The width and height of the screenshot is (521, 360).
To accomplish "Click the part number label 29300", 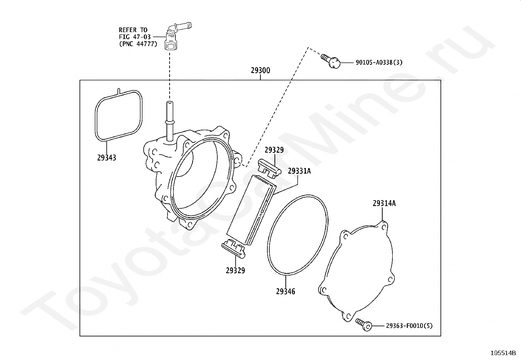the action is tap(260, 70).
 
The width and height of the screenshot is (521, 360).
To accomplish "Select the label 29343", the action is tap(107, 158).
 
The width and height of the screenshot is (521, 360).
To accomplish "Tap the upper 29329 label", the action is tap(274, 150).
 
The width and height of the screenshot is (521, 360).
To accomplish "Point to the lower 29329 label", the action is tap(235, 271).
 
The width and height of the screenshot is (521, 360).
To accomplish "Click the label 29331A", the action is tap(299, 171).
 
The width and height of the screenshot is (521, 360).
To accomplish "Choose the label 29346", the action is tap(285, 291).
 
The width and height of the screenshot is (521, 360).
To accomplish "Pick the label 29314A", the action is tap(384, 203).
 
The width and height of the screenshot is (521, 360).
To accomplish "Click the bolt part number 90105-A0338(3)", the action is tap(379, 62).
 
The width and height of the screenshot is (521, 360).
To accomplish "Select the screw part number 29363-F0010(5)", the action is tap(409, 326).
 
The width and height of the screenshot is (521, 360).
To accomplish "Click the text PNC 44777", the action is tap(138, 44).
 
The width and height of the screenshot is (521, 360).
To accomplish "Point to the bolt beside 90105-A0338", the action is tap(331, 61).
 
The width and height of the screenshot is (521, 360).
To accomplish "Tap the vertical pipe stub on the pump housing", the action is tap(169, 121).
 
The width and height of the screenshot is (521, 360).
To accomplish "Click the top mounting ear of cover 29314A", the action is tap(384, 226).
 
